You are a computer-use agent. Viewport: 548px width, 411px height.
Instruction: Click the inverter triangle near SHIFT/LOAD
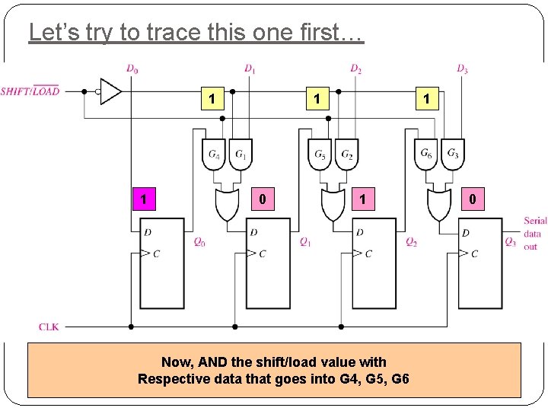[x=110, y=91]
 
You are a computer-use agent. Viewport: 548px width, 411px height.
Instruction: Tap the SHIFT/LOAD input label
[x=30, y=91]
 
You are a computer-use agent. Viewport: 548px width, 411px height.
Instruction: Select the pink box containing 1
[x=142, y=199]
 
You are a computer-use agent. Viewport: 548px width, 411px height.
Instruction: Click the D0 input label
[x=132, y=69]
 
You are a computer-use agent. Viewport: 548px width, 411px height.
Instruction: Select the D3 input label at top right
[x=462, y=69]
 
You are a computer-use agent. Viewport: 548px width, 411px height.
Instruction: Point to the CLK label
[x=49, y=327]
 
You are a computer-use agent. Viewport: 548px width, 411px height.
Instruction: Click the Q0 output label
[x=199, y=243]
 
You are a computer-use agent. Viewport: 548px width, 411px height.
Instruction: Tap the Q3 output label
[x=511, y=242]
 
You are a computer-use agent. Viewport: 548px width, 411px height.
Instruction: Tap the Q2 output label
[x=411, y=242]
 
